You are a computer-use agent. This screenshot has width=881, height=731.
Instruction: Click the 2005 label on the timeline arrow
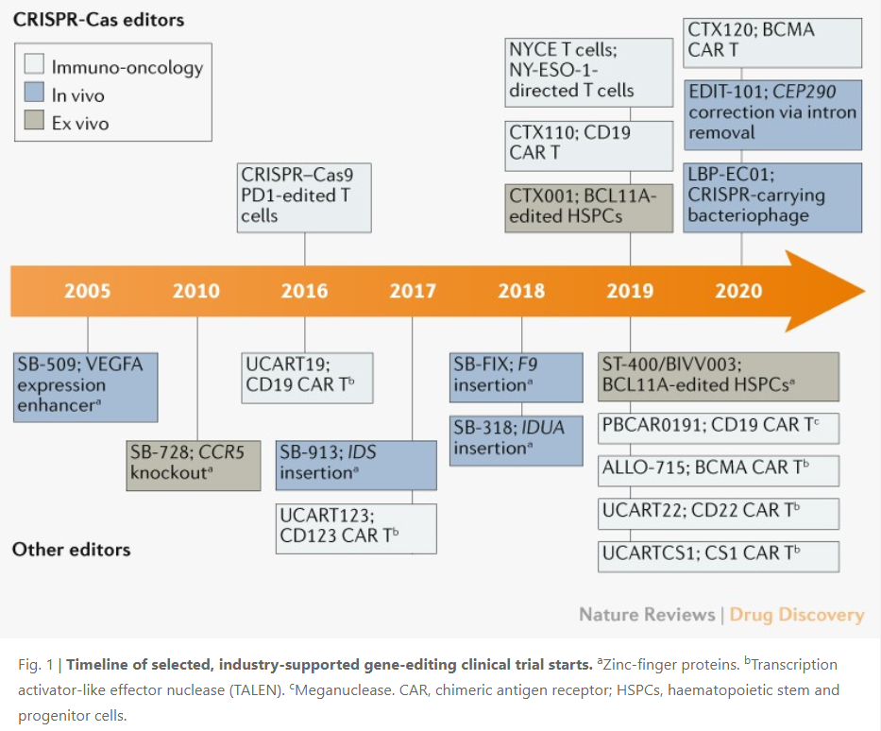point(87,290)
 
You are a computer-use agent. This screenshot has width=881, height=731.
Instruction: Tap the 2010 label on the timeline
point(195,290)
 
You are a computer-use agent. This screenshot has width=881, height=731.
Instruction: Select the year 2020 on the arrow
point(738,290)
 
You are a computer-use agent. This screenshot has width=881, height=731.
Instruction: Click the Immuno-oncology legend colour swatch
point(36,66)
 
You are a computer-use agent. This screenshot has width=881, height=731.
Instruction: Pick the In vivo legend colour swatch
point(36,94)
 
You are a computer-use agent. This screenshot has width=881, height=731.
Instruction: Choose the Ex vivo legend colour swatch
point(36,123)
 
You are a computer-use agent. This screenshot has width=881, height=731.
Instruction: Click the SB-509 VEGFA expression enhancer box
point(86,386)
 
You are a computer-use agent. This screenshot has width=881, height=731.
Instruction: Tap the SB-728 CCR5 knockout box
point(193,464)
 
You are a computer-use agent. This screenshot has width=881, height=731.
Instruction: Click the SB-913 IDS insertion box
point(356,464)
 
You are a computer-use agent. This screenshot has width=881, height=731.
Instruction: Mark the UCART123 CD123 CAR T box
point(356,528)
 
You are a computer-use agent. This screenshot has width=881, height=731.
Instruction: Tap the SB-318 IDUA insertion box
point(517,438)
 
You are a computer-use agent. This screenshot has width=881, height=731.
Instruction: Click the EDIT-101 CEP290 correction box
point(772,113)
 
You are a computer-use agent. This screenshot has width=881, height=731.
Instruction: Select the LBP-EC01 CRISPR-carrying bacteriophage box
point(772,196)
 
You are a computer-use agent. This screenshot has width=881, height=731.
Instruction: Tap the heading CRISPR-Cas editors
point(98,19)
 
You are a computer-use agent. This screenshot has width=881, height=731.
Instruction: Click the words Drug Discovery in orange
point(797,615)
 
